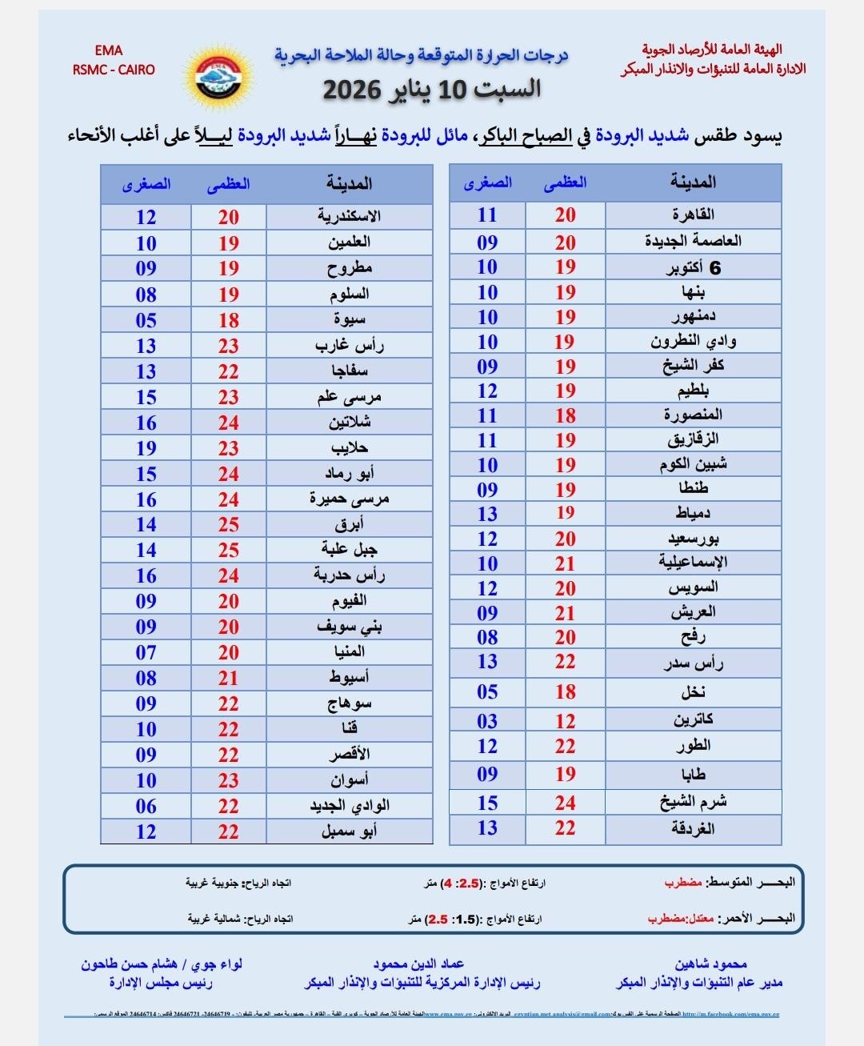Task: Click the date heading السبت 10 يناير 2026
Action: coord(432,89)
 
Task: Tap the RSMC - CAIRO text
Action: coord(114,70)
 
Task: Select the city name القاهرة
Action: coord(693,214)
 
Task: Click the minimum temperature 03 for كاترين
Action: coord(487,721)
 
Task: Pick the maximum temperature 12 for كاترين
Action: coord(566,721)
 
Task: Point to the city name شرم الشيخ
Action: coord(693,802)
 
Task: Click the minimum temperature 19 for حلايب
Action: coord(146,448)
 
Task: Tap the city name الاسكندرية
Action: coord(349,217)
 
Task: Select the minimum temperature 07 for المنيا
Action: coord(146,652)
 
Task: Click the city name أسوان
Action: coord(349,780)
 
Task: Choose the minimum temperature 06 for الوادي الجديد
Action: coord(146,806)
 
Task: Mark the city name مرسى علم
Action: coord(349,397)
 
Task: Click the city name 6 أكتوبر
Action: coord(693,267)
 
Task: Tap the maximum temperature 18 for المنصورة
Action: coord(566,415)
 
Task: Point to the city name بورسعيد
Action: coord(693,539)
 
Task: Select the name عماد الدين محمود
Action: coord(418,964)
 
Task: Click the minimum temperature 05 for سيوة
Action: coord(146,320)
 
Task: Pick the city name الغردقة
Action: coord(693,828)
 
